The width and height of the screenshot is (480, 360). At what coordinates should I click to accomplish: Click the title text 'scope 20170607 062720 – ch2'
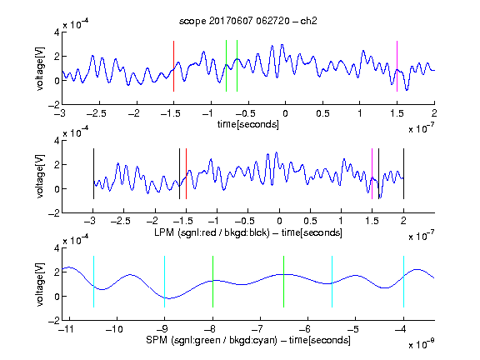[x=248, y=21]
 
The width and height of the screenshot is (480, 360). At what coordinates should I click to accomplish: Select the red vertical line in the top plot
[x=173, y=66]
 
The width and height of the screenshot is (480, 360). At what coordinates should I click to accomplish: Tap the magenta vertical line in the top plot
[x=397, y=66]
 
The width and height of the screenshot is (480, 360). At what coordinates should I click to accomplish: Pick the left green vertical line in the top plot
[x=226, y=66]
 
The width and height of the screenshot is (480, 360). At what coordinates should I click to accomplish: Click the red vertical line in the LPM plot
[x=186, y=173]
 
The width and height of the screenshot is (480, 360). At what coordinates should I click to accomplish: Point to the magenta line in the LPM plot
[x=372, y=173]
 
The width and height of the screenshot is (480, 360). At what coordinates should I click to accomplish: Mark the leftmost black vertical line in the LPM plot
[x=93, y=173]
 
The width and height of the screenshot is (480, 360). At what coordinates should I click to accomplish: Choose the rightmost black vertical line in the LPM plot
[x=404, y=173]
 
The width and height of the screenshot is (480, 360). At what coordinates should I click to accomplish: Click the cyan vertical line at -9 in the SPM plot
[x=165, y=282]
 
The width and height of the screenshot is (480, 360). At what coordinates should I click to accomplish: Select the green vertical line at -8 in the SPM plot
[x=212, y=282]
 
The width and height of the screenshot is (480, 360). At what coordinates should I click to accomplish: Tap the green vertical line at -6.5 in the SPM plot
[x=284, y=282]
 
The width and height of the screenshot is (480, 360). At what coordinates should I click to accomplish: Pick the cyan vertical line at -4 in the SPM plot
[x=404, y=282]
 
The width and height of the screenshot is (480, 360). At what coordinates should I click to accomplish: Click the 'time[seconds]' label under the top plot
[x=248, y=124]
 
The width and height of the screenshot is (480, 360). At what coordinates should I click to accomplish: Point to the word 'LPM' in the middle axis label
[x=164, y=232]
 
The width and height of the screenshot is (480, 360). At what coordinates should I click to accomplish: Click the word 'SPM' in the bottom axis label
[x=157, y=340]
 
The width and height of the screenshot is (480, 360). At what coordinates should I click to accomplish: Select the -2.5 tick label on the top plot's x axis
[x=97, y=113]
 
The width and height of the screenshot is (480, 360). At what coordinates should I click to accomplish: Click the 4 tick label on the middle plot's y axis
[x=57, y=141]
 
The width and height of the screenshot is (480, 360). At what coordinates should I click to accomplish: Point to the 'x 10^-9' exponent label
[x=422, y=344]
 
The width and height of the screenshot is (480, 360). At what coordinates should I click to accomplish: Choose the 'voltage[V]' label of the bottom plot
[x=40, y=285]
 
